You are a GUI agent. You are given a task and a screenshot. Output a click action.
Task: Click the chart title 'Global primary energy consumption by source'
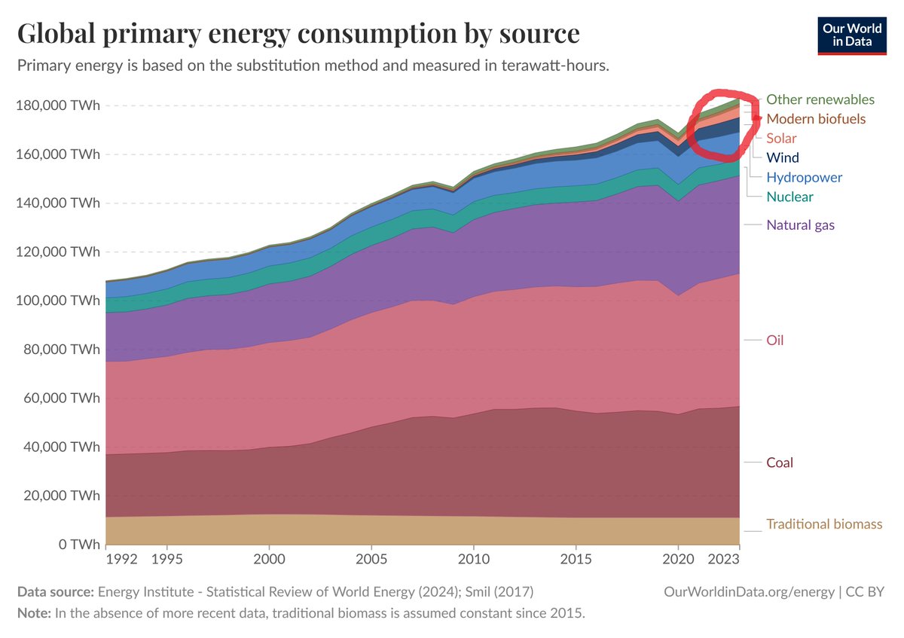(x=298, y=34)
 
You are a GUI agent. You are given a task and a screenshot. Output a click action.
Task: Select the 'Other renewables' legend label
(x=820, y=99)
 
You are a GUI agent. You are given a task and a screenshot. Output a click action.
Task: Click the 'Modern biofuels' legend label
(x=816, y=119)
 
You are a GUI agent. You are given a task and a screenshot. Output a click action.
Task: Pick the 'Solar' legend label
(x=781, y=139)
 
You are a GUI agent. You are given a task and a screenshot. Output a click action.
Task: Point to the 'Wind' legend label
(x=783, y=158)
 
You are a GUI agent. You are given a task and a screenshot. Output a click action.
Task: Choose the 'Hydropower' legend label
(x=804, y=178)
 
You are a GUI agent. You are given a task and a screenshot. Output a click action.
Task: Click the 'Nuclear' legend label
(x=789, y=197)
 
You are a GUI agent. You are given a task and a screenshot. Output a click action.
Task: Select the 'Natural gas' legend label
(x=800, y=224)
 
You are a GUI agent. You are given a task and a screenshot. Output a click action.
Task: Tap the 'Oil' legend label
(x=775, y=340)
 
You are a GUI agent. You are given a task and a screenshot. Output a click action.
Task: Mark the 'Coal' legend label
(x=780, y=462)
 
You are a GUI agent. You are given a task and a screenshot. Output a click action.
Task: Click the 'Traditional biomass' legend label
(x=824, y=524)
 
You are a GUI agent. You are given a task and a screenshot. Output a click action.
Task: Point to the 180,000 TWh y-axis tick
(x=57, y=105)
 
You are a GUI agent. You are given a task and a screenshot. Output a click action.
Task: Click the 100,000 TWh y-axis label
(x=57, y=301)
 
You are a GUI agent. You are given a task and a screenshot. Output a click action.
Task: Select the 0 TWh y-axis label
(x=73, y=544)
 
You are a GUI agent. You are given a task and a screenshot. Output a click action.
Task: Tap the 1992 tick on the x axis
(x=122, y=560)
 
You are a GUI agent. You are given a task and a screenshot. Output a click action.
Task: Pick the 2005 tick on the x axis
(x=371, y=560)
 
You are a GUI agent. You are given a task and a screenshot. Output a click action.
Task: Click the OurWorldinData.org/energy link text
(x=748, y=592)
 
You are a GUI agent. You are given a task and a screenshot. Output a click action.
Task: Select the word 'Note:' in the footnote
(x=34, y=613)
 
